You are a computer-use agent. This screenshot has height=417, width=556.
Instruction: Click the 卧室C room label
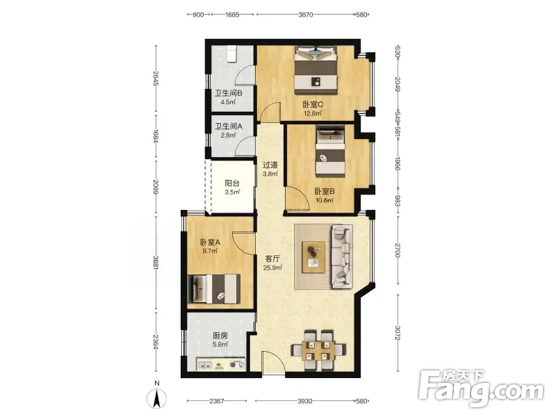(312, 105)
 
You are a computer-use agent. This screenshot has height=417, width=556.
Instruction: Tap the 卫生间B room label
(229, 94)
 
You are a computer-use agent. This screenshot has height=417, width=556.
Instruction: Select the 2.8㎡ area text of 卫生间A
(228, 135)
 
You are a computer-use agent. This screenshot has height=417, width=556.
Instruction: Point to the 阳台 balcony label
(232, 183)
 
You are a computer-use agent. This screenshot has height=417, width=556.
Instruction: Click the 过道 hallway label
(270, 165)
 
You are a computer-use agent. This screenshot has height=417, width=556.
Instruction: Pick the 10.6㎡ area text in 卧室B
(325, 200)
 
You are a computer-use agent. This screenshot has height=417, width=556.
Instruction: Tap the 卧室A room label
(210, 243)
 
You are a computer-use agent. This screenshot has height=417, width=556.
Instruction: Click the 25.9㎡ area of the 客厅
(272, 268)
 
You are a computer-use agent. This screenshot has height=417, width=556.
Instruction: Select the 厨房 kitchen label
(220, 336)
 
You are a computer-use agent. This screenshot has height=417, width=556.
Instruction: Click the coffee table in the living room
(313, 257)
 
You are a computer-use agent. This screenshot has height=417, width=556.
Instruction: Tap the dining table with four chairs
(319, 350)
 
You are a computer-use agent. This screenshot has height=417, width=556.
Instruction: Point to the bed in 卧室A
(213, 288)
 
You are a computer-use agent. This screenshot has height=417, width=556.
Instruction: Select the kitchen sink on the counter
(204, 364)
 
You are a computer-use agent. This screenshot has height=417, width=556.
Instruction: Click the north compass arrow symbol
(157, 398)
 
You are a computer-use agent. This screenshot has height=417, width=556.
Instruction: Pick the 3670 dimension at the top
(305, 15)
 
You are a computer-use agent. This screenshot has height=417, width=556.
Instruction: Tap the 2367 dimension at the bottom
(216, 401)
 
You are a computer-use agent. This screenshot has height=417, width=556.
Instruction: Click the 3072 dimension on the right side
(398, 333)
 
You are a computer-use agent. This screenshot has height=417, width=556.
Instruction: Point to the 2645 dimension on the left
(156, 79)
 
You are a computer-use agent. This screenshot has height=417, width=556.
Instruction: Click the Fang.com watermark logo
(481, 389)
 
